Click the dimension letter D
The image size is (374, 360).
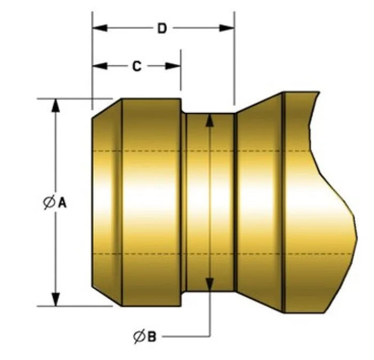[x=162, y=28]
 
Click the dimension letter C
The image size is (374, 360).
[x=137, y=66]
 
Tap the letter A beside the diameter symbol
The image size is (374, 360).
[x=63, y=203]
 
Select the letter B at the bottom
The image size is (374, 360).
[x=152, y=336]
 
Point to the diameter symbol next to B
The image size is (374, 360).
[x=139, y=336]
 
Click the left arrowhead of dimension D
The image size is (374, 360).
[x=99, y=28]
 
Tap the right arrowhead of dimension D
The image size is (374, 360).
[x=227, y=28]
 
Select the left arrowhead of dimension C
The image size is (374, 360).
[x=99, y=66]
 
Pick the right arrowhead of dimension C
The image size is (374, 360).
[x=173, y=66]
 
